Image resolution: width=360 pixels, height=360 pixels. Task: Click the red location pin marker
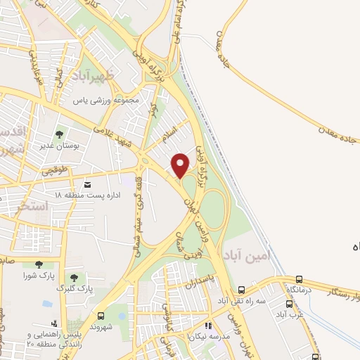tap(181, 165)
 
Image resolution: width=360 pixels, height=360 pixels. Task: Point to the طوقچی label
tap(54, 170)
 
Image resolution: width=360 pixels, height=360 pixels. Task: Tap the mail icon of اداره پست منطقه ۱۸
tap(86, 184)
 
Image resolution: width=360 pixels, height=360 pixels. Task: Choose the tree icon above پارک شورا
tap(30, 262)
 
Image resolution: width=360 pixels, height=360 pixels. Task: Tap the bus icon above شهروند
tap(101, 316)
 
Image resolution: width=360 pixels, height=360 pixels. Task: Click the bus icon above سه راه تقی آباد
tap(241, 289)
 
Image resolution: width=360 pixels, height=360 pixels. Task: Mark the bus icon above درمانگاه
tap(300, 279)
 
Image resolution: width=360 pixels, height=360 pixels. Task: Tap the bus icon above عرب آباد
tap(289, 304)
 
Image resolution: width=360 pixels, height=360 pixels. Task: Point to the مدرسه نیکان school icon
tap(207, 326)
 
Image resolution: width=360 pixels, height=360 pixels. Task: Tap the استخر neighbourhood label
tap(34, 206)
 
